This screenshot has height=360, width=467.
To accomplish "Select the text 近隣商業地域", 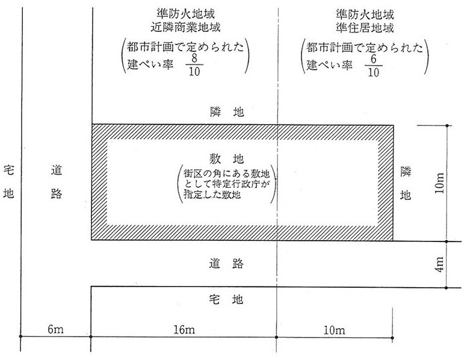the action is point(185,27).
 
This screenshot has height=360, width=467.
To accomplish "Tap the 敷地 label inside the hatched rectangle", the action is point(226,159).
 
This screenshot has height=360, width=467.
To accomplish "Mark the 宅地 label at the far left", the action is point(8,182).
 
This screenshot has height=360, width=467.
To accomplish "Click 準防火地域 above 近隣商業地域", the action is point(185,13).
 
